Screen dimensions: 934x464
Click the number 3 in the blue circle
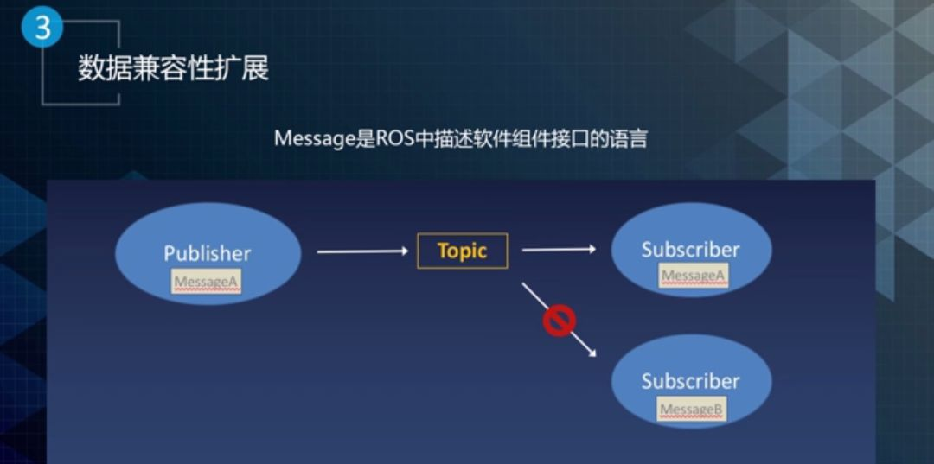click(x=42, y=28)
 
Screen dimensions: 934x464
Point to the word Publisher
click(x=208, y=253)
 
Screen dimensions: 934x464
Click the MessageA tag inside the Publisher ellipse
click(x=207, y=282)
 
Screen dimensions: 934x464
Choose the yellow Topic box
click(x=462, y=251)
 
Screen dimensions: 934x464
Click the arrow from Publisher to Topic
click(x=362, y=251)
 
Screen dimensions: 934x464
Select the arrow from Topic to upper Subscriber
click(x=559, y=249)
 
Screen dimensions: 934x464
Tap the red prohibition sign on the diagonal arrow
click(x=560, y=321)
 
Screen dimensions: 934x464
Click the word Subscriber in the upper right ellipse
click(x=690, y=249)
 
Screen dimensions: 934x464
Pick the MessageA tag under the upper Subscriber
click(x=694, y=276)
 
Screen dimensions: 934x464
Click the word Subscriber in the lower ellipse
click(x=690, y=381)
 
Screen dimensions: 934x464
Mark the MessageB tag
click(x=692, y=409)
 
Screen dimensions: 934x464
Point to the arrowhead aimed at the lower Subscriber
click(x=592, y=353)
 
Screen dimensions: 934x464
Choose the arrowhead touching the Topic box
click(x=404, y=251)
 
